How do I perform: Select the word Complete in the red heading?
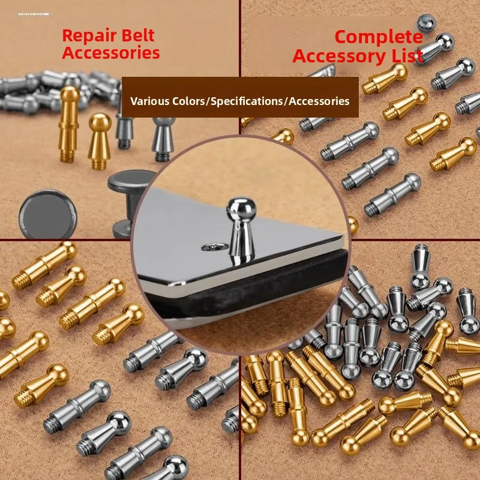coord(379,37)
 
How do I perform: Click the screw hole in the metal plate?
coord(215,247)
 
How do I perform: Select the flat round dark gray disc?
coord(48,214)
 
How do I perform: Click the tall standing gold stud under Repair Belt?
coord(68,124)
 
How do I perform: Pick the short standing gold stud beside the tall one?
coord(100,141)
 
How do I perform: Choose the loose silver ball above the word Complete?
coord(427,23)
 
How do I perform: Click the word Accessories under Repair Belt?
coord(111,53)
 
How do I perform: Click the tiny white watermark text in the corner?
coord(34,14)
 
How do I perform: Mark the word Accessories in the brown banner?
coord(319,101)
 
